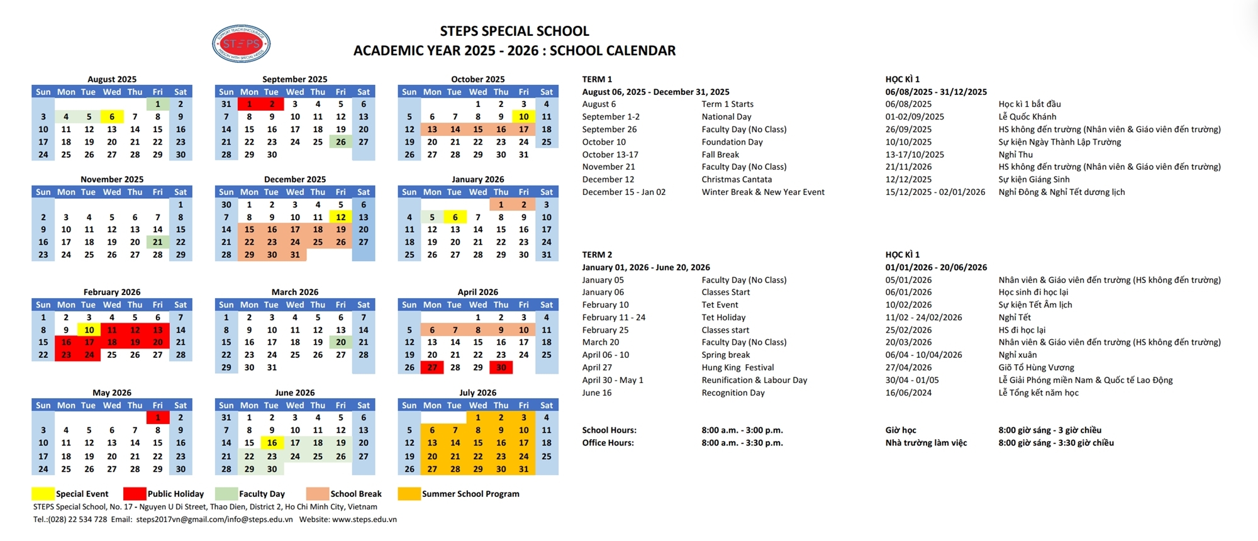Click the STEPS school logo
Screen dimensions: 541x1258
click(x=242, y=43)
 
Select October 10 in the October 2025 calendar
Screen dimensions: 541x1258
click(x=523, y=116)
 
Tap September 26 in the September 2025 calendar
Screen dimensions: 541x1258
click(x=340, y=142)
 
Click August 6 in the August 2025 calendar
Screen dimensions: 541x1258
click(x=112, y=116)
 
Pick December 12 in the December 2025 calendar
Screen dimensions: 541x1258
click(x=340, y=217)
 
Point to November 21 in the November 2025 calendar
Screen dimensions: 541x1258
click(x=157, y=242)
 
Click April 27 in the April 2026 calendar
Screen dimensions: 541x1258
click(x=432, y=367)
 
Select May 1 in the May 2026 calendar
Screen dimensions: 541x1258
click(x=157, y=418)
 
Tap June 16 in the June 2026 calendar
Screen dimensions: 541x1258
click(x=272, y=443)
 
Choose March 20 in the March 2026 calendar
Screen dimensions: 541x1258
click(x=340, y=342)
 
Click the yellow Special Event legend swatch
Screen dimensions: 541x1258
click(x=43, y=494)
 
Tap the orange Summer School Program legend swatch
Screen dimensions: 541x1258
click(x=409, y=494)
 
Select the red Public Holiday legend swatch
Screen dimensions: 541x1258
click(x=135, y=494)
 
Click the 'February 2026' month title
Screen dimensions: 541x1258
click(x=112, y=292)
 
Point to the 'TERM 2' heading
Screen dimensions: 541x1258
click(x=597, y=255)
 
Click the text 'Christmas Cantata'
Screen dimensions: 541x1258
click(x=737, y=179)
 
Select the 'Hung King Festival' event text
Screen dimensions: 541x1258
click(x=738, y=367)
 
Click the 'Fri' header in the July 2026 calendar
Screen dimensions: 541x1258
click(x=523, y=405)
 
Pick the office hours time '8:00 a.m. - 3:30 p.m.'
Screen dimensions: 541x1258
click(x=742, y=443)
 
